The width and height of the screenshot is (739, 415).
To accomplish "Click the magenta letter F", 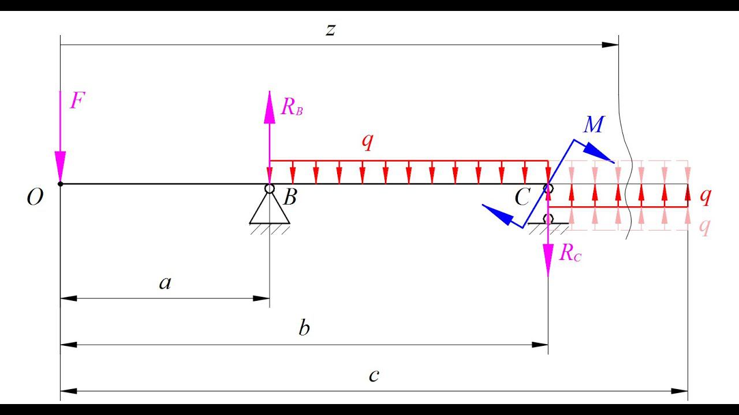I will pos(77,101).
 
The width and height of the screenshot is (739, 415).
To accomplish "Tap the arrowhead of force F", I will pos(60,167).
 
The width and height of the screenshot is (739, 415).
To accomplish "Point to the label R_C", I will pos(570,253).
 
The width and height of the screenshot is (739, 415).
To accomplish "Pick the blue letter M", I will pos(594,124).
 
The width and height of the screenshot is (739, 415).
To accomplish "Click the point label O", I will pos(35,198).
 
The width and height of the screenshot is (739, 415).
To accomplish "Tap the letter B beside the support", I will pos(290,198).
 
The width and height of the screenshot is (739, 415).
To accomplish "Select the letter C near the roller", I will pos(522,198).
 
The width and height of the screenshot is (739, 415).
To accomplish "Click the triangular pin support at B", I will pos(270,209).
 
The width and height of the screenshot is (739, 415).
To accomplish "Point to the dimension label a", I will pos(165,283).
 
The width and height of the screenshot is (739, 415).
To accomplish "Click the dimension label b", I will pos(304,329).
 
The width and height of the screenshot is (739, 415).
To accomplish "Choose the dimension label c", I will pos(374,376).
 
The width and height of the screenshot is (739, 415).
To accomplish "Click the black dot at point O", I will pos(60,184).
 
